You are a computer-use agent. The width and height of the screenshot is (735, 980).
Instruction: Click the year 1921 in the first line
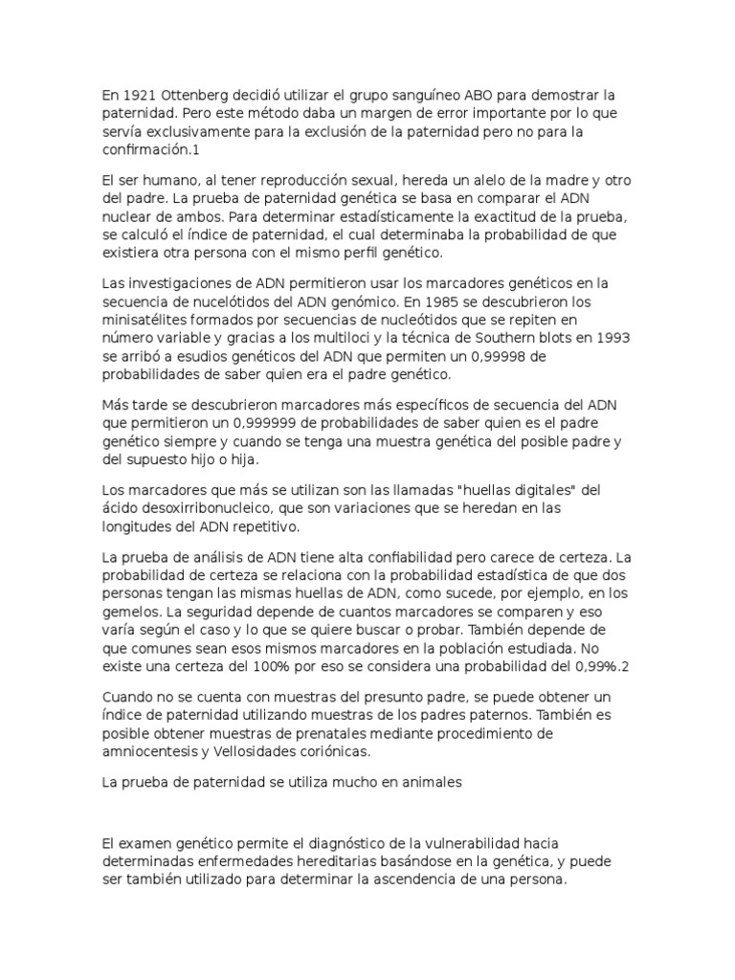[x=137, y=96]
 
